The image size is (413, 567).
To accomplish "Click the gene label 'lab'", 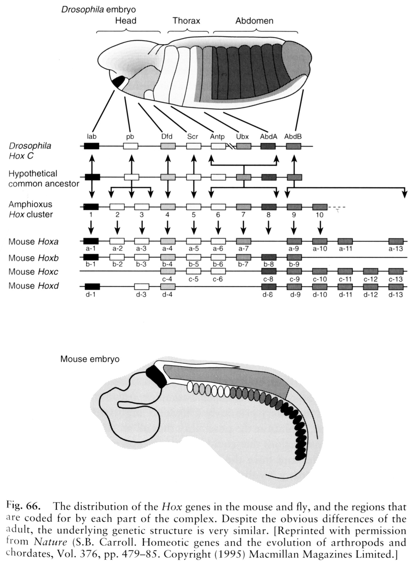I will coord(91,137).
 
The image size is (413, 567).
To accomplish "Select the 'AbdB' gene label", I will coord(293,137).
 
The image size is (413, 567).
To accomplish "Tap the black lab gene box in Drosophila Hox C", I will coord(91,146).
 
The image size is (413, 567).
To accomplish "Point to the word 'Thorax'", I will coord(186,21).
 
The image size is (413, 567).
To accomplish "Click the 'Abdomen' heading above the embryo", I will coord(254,21).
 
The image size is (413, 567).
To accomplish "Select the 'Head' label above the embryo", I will coord(126,21).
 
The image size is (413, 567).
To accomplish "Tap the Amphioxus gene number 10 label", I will coord(320,215).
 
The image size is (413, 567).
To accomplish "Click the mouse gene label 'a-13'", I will coord(396,249).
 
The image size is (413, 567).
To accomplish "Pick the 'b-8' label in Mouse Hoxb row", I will coord(268,264).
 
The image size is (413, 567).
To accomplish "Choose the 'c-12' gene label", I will coord(371,279).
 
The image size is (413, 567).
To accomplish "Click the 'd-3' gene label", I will coord(141,294).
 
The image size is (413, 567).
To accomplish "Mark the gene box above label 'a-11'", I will coord(345,241).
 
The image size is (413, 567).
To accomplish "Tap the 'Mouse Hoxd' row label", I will coord(34,286).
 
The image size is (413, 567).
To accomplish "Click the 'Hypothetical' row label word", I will coord(33,174).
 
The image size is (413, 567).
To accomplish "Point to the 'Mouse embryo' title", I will coord(90,359).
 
